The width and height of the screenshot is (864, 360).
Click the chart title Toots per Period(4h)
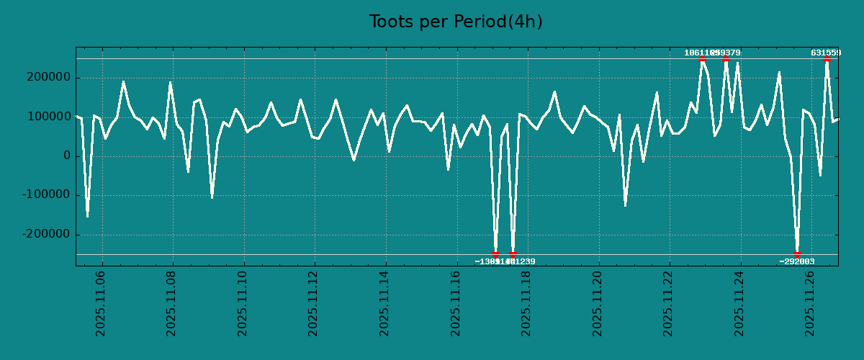(456, 22)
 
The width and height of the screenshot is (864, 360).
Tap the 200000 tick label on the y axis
(47, 78)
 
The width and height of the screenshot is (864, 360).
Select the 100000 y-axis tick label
(47, 117)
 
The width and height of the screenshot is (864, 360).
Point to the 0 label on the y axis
(67, 156)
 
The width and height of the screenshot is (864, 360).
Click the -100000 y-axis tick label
(45, 195)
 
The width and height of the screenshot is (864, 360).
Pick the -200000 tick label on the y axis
(45, 235)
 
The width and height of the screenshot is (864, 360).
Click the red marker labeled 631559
(827, 59)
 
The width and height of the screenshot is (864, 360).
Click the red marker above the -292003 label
(797, 254)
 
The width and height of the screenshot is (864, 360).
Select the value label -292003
(797, 262)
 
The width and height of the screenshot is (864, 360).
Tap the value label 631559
(826, 53)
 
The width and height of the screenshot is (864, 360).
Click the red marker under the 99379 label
(726, 59)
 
